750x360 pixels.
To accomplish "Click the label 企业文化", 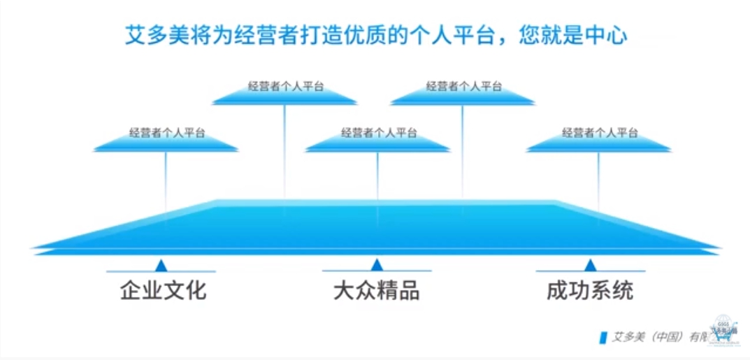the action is (x=163, y=289).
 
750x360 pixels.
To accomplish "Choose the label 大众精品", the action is (x=376, y=289).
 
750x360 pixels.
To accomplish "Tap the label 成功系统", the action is (x=590, y=289).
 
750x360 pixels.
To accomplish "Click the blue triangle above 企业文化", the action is (x=161, y=266).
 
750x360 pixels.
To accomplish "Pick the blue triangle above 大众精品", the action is (x=377, y=265).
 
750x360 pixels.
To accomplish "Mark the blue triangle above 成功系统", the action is (x=591, y=265).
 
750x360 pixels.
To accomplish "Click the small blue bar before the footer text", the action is (x=603, y=336).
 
